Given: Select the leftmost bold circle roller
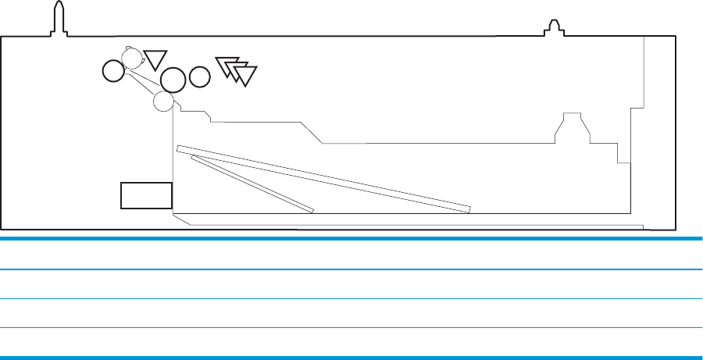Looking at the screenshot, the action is click(112, 72).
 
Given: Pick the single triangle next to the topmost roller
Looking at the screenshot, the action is click(156, 59).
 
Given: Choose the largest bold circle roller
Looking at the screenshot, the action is click(173, 78).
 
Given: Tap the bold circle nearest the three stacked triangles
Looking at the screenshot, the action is click(200, 77).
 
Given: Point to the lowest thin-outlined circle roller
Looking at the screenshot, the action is click(163, 101).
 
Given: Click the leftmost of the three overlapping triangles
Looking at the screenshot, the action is click(226, 66).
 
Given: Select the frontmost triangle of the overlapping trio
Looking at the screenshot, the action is click(245, 75).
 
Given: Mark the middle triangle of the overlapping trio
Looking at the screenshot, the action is click(236, 70).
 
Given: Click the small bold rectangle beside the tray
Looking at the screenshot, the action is click(146, 195).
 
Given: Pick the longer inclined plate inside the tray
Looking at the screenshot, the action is click(323, 178).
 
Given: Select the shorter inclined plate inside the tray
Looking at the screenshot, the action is click(252, 184).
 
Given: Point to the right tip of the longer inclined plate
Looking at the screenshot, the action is click(469, 209).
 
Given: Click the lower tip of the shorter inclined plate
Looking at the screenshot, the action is click(312, 210).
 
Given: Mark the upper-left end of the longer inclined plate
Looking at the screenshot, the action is click(180, 148).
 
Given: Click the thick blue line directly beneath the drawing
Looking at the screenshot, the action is click(351, 238).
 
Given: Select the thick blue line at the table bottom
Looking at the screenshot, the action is click(351, 358).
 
